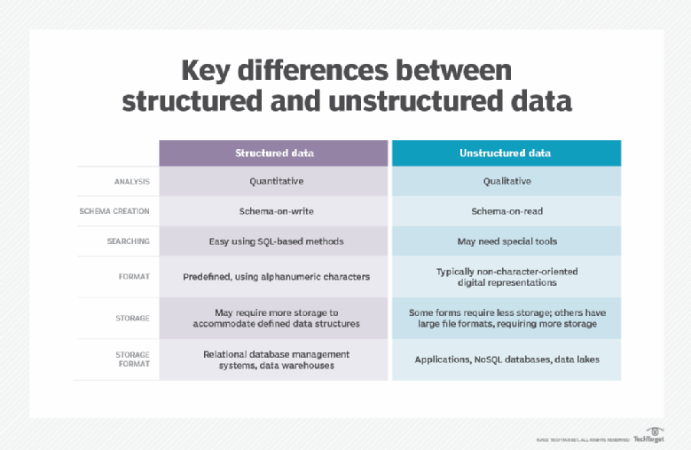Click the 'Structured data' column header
point(274,153)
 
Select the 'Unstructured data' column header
point(505,153)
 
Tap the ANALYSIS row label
point(131,181)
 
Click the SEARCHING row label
point(129,241)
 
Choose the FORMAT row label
point(135,276)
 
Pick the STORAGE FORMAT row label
point(132,359)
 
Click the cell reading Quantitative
point(274,180)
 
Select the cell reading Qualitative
point(505,180)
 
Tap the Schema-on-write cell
point(274,210)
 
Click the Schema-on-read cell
point(505,210)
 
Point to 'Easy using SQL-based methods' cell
point(274,241)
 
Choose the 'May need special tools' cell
point(505,241)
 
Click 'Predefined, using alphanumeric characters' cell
point(274,276)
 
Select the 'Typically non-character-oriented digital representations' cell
point(505,276)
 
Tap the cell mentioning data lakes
point(505,359)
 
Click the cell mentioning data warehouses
point(274,359)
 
